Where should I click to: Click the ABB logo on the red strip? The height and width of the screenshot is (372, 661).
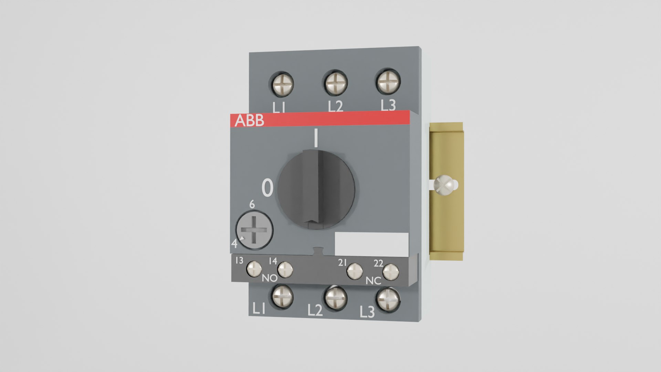point(249,121)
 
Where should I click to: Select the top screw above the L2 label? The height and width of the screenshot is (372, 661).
point(335,83)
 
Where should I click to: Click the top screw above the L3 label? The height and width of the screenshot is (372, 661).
point(388,82)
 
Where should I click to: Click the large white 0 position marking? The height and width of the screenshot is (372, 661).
point(267,188)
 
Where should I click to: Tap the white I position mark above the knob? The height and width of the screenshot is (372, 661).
point(315,138)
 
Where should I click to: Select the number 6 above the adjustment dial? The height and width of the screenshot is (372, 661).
point(252,205)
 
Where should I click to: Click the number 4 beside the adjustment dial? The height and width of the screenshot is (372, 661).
point(234,244)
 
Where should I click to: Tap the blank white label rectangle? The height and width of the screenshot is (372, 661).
point(371,244)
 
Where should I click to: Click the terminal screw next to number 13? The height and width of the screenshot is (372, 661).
point(255,269)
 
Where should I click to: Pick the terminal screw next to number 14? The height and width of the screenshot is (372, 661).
point(285,270)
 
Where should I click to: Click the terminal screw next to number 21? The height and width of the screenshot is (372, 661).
point(355,271)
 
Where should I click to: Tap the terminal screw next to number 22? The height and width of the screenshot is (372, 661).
point(391,272)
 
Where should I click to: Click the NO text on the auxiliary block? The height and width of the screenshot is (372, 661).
point(270,278)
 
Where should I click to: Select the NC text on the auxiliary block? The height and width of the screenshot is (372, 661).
point(373,281)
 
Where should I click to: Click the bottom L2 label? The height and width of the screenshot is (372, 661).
point(315,311)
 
